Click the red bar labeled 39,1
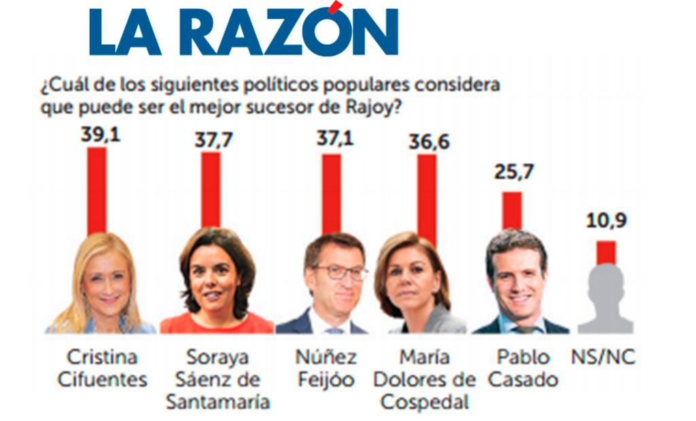tap(97, 190)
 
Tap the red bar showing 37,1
tap(332, 193)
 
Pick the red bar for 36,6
tap(427, 197)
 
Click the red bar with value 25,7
tap(512, 210)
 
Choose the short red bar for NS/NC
tap(606, 252)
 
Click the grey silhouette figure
tap(606, 299)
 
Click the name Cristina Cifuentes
tap(102, 368)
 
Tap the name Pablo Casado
tap(523, 368)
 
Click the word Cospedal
tap(424, 401)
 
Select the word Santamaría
tap(217, 401)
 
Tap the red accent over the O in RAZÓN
tap(334, 7)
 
